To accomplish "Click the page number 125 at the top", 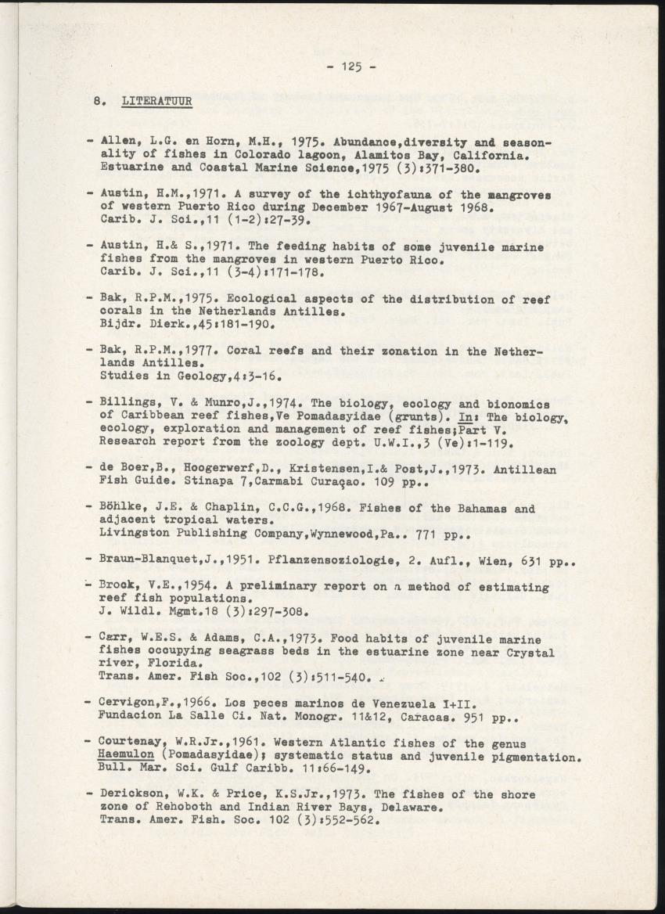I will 350,67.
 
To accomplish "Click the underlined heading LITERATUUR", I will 156,102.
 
